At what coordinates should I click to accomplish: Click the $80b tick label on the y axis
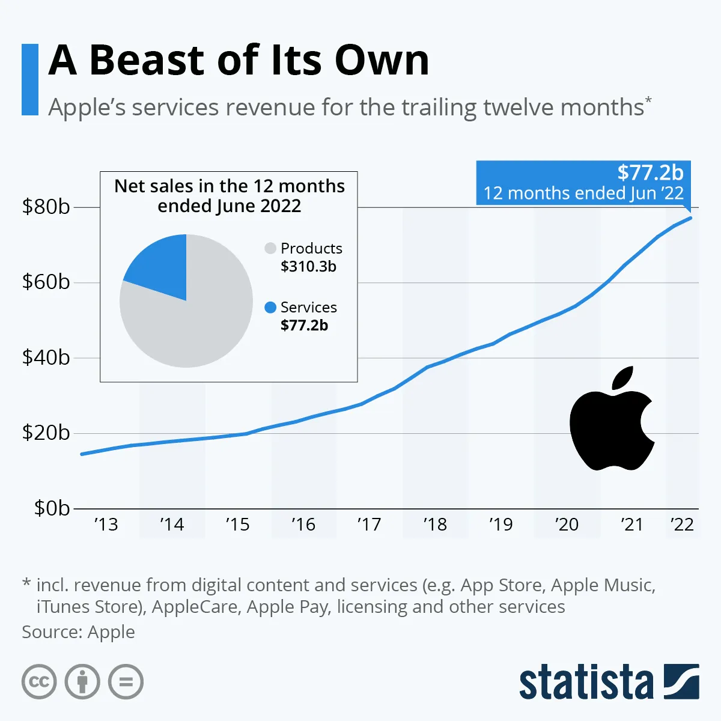(46, 207)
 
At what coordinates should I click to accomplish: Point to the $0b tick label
(52, 508)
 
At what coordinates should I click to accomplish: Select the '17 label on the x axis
(369, 525)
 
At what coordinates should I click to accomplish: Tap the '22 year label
(682, 525)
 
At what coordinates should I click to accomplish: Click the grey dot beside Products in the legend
(270, 248)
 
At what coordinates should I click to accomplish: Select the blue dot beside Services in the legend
(270, 307)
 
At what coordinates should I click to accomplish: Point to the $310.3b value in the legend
(308, 266)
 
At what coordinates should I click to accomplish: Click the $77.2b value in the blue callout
(650, 173)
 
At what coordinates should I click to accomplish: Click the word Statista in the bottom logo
(586, 682)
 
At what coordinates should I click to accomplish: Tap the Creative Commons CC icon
(39, 682)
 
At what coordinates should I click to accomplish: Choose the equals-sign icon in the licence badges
(126, 682)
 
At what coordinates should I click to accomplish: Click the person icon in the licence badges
(82, 682)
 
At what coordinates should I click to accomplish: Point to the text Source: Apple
(78, 632)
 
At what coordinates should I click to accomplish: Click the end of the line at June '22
(691, 218)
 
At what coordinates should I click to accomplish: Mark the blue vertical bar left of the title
(29, 79)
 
